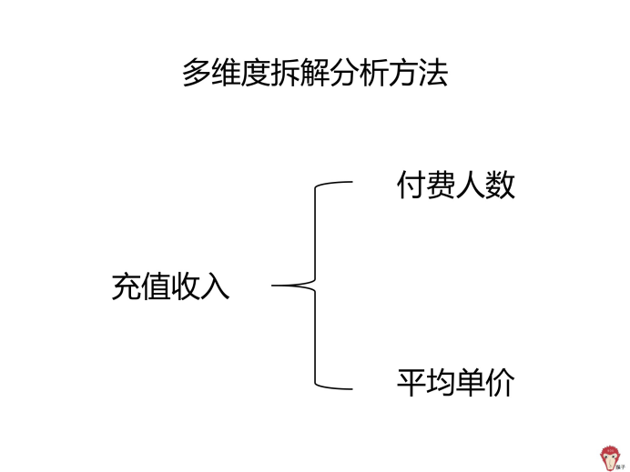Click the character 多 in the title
(x=197, y=73)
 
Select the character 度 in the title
(x=256, y=73)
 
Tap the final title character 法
(x=433, y=73)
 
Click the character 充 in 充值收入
(x=127, y=286)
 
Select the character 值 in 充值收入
(x=156, y=286)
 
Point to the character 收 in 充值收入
(x=186, y=286)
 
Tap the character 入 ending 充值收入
(x=215, y=286)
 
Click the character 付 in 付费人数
(x=411, y=185)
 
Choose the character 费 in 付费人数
(x=441, y=185)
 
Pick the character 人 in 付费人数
(x=470, y=185)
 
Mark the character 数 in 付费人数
(x=500, y=185)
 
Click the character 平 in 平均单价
(x=411, y=383)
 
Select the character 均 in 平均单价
(x=441, y=383)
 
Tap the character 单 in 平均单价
(x=470, y=383)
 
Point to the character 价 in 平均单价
(x=500, y=383)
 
